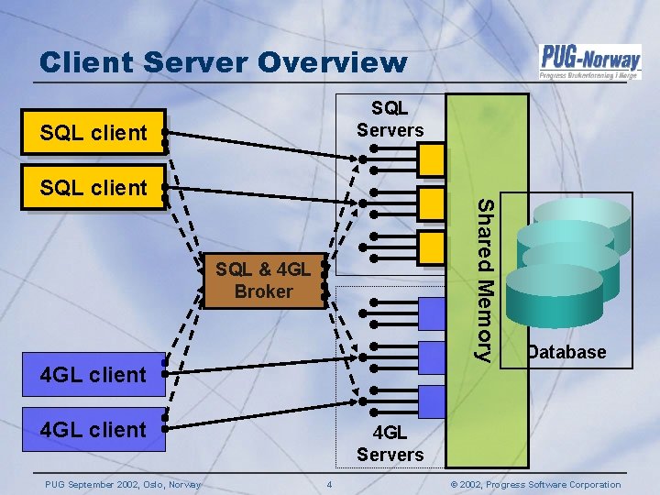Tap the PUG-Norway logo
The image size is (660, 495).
pyautogui.click(x=588, y=62)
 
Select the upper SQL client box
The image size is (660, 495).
pyautogui.click(x=93, y=133)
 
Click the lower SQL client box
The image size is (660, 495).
pyautogui.click(x=93, y=188)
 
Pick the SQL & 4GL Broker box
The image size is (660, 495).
pyautogui.click(x=263, y=280)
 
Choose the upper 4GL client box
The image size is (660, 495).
pyautogui.click(x=93, y=374)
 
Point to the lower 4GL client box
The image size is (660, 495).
pyautogui.click(x=93, y=429)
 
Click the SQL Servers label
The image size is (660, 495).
pyautogui.click(x=390, y=119)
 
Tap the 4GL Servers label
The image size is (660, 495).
pyautogui.click(x=390, y=444)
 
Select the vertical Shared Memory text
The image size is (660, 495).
pyautogui.click(x=488, y=279)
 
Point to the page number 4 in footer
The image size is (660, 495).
pyautogui.click(x=330, y=484)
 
